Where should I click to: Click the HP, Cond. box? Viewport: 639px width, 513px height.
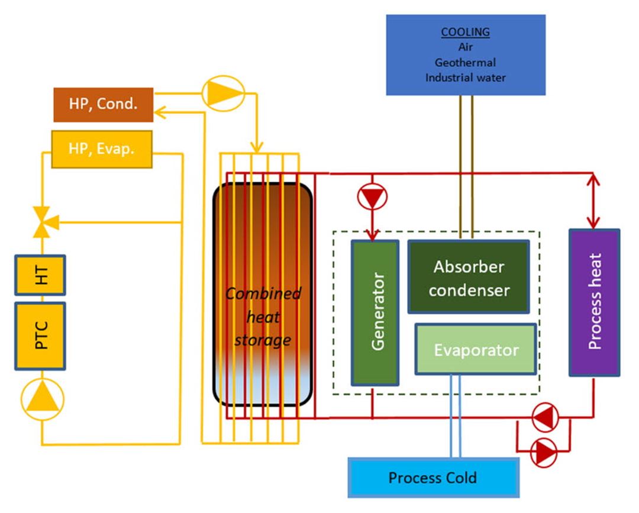pyautogui.click(x=104, y=104)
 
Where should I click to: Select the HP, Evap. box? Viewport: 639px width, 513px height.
pyautogui.click(x=102, y=149)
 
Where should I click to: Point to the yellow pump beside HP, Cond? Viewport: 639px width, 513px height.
pyautogui.click(x=222, y=93)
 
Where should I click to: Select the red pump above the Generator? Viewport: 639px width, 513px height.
pyautogui.click(x=372, y=196)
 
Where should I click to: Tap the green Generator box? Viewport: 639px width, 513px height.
pyautogui.click(x=375, y=312)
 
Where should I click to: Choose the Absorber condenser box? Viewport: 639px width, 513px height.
pyautogui.click(x=469, y=277)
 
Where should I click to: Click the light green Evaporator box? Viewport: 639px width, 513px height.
pyautogui.click(x=476, y=349)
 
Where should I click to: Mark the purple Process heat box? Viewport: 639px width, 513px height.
pyautogui.click(x=594, y=302)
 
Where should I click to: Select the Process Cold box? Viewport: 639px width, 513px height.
pyautogui.click(x=433, y=477)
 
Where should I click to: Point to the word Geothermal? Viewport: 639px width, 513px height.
pyautogui.click(x=465, y=63)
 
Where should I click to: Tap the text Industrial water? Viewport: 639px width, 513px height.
pyautogui.click(x=465, y=78)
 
